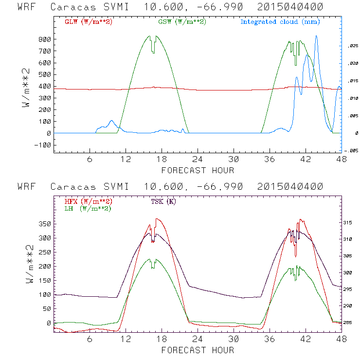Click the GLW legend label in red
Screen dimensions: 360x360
[88, 22]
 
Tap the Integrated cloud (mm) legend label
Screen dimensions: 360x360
[280, 22]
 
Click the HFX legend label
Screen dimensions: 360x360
[88, 201]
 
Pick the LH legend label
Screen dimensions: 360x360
[88, 208]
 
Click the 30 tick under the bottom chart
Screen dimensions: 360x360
[234, 339]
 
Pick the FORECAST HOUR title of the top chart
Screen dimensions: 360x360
[198, 170]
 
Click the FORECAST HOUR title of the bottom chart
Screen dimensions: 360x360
[198, 350]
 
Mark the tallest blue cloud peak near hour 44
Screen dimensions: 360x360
[316, 36]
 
